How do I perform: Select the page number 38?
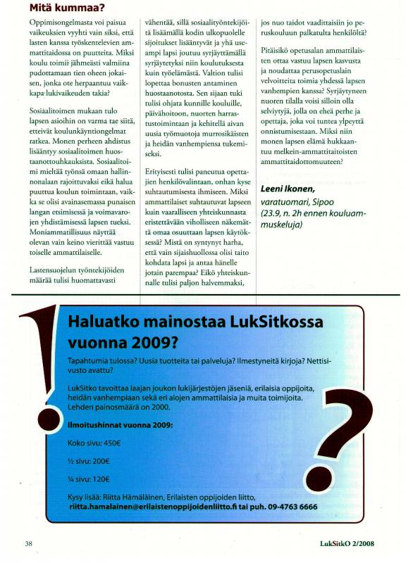[29, 543]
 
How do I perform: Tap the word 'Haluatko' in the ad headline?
[106, 323]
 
